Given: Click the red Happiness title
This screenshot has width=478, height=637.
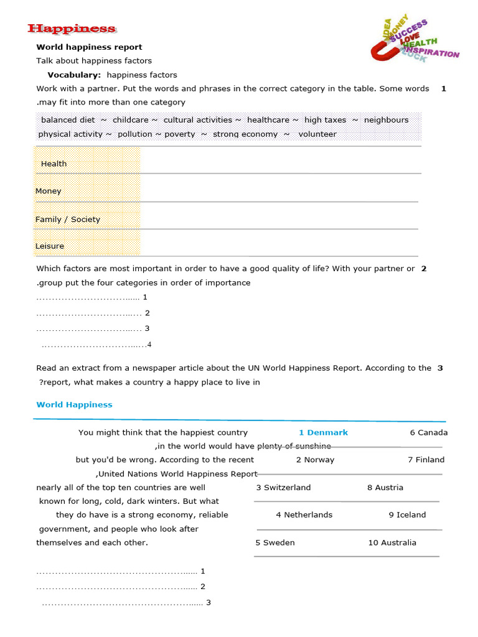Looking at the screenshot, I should [x=72, y=29].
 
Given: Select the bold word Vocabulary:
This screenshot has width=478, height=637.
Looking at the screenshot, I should [x=74, y=75].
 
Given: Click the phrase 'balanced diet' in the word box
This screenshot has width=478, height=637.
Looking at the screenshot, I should [x=68, y=119].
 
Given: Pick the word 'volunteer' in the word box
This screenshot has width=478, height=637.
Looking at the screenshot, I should [x=317, y=134].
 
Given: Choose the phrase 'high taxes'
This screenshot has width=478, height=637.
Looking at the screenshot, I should [x=325, y=119].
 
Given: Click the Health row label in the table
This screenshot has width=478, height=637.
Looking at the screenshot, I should [x=54, y=164].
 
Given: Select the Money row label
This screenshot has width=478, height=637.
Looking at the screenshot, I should [x=49, y=191].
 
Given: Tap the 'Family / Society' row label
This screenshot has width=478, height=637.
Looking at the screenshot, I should [x=67, y=219].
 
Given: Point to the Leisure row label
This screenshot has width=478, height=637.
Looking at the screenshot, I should [x=50, y=246].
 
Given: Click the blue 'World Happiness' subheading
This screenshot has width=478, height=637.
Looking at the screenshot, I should [x=74, y=404].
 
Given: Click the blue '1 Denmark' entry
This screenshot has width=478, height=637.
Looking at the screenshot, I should [x=323, y=432].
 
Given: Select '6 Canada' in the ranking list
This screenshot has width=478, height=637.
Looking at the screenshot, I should [x=428, y=432].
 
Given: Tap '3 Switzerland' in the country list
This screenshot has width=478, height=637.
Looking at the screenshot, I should [x=283, y=487].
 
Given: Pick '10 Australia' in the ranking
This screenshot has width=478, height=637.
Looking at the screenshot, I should [x=392, y=542].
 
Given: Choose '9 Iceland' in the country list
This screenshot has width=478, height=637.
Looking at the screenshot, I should [x=407, y=514].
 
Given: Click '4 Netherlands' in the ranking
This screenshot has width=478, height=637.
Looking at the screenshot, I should [x=304, y=514].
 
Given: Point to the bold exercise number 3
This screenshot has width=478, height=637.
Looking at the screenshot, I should [x=440, y=368].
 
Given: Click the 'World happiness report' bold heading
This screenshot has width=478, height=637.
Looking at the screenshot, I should [x=89, y=47].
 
